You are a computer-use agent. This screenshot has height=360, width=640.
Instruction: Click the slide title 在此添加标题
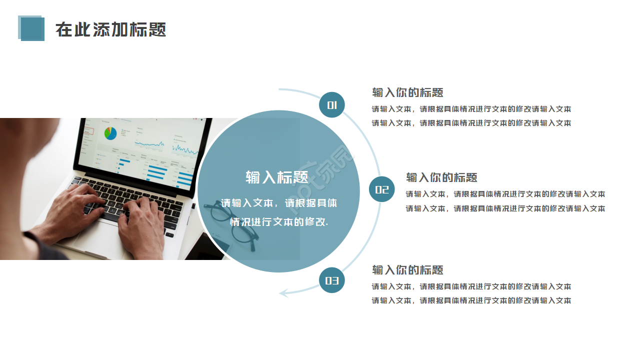(110, 29)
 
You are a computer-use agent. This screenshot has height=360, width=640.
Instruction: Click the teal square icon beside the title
(31, 28)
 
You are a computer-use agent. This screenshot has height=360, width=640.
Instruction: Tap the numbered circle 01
(331, 105)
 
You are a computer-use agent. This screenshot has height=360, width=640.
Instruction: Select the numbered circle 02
(381, 189)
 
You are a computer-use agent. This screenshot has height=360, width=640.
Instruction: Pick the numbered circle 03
(331, 280)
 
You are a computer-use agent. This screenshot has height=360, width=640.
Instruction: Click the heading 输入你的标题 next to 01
(407, 92)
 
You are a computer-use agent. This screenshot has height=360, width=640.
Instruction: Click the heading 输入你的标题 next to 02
(441, 177)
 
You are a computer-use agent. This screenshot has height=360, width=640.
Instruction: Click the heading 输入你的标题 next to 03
(407, 270)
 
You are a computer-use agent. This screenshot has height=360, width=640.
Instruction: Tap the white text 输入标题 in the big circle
(277, 177)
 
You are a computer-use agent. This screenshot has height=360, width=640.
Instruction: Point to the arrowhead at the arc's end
(283, 293)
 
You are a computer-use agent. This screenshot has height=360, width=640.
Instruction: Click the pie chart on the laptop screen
(110, 133)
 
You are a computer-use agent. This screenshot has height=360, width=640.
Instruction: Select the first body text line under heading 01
(471, 109)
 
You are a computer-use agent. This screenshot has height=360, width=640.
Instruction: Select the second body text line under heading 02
(505, 208)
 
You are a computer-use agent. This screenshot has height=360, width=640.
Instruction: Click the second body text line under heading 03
(471, 300)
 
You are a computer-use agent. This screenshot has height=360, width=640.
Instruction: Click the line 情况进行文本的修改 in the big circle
(279, 221)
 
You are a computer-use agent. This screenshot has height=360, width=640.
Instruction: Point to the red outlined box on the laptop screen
(89, 131)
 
